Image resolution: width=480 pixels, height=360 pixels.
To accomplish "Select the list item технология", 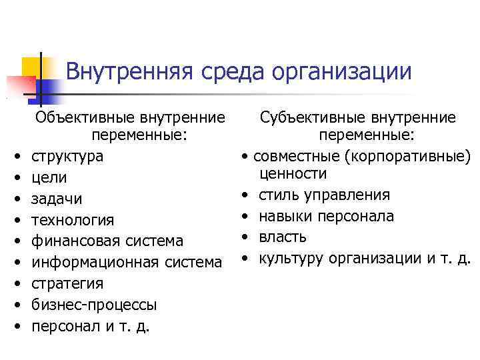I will (x=73, y=220).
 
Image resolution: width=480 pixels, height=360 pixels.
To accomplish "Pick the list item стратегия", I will (x=67, y=283).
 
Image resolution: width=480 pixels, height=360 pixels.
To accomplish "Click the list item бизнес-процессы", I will (x=94, y=305).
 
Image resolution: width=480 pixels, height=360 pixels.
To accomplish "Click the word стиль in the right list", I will (x=279, y=195).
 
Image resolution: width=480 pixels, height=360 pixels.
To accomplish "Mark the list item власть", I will (x=283, y=237).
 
